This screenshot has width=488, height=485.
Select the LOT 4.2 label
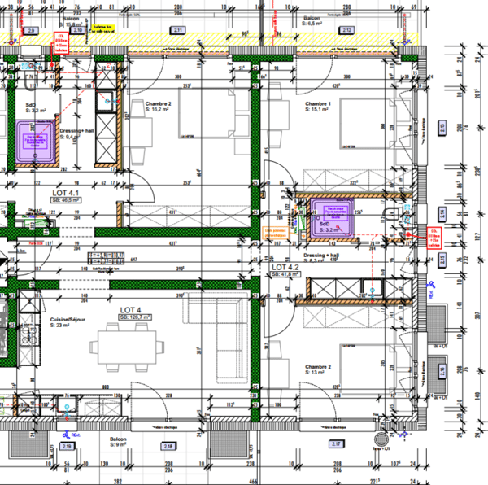tap(286, 267)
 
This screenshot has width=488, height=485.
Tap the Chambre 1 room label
tap(318, 105)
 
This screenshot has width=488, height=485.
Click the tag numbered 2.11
tap(178, 30)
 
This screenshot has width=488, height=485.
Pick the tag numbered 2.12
tap(346, 30)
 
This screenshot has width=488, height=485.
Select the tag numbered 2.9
tap(32, 30)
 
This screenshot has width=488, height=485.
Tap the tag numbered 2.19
tap(68, 445)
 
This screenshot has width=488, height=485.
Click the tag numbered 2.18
tap(168, 445)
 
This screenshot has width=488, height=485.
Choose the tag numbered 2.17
tap(335, 444)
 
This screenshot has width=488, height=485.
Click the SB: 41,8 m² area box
tap(286, 275)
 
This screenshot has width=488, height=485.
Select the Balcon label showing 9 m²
tap(120, 441)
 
